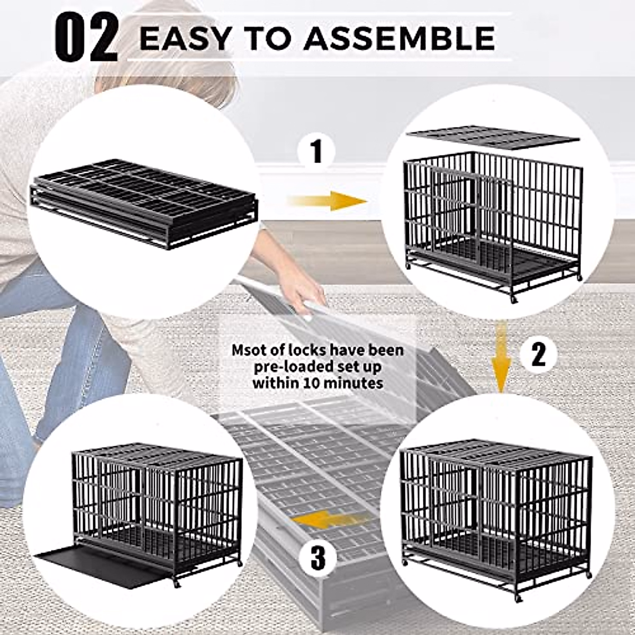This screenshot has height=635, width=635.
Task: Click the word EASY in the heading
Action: [185, 39]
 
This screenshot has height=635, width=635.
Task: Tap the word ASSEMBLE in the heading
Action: [399, 39]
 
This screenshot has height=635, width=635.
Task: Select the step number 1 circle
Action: [316, 152]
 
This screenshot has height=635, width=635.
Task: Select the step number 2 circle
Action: [538, 355]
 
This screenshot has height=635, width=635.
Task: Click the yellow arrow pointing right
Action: [328, 201]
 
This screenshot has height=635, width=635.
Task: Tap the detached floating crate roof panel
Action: [492, 137]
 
